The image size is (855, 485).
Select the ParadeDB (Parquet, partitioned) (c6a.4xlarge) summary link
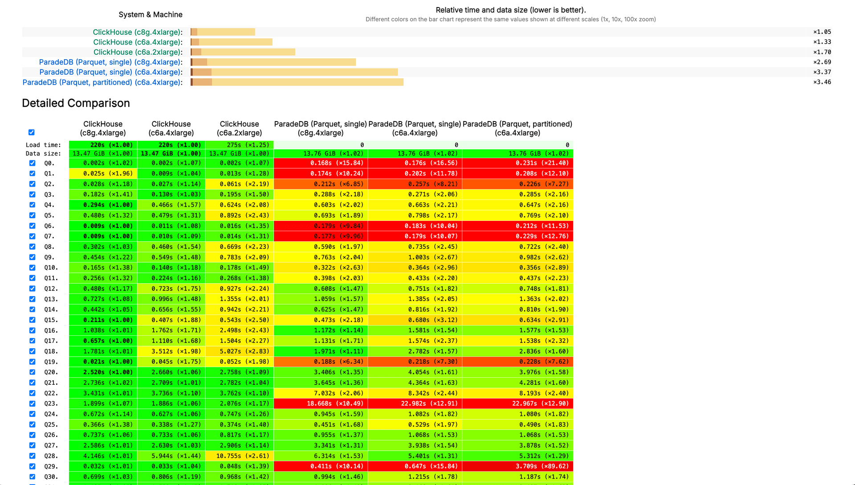coord(102,82)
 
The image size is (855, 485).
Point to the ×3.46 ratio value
coord(822,82)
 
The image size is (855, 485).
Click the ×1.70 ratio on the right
coord(822,52)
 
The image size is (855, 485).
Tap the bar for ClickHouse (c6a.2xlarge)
coord(243,52)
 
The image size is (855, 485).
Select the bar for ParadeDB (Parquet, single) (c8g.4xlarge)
coord(273,62)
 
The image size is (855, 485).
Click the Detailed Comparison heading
coord(76,103)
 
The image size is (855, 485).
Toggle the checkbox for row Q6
coord(32,226)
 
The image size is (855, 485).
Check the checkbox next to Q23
coord(32,403)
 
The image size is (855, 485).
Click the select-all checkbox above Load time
coord(31,132)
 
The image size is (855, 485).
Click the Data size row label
coord(43,154)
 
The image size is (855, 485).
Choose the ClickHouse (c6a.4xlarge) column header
coord(171,128)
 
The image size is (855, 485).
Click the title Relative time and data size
coord(510,10)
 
